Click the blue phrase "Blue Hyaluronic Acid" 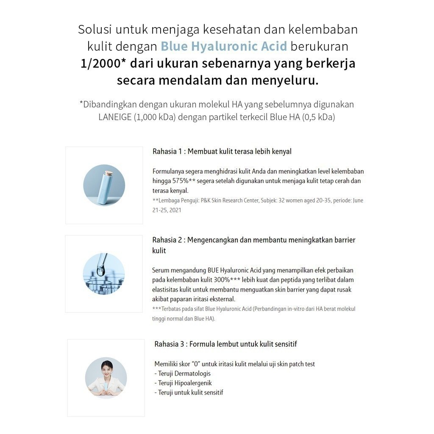(x=224, y=46)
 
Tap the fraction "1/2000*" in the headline (x=103, y=63)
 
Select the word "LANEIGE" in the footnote (x=115, y=117)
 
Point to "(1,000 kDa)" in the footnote (x=155, y=117)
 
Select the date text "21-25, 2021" (x=167, y=210)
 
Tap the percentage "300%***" (x=227, y=280)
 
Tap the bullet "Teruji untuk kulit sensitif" (x=190, y=392)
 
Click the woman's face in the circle (x=106, y=367)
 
